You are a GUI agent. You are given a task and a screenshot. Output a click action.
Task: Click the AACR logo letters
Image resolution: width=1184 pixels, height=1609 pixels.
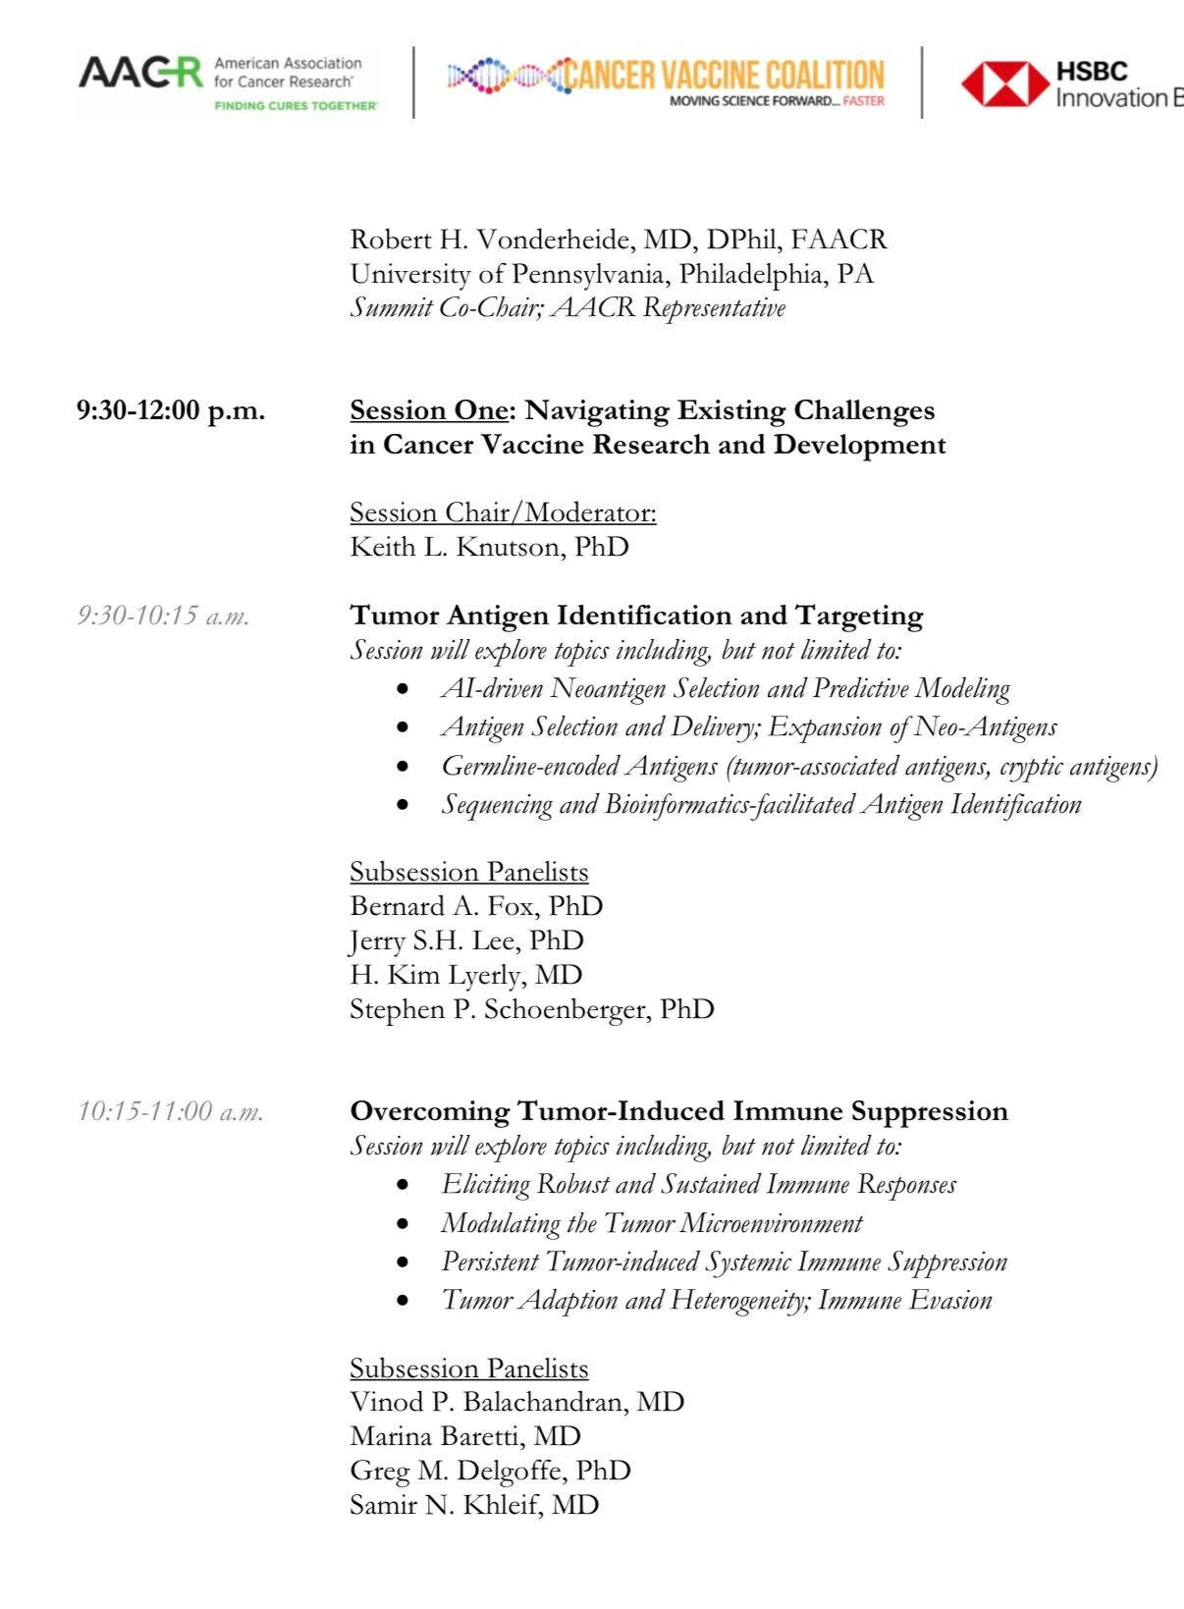pyautogui.click(x=140, y=74)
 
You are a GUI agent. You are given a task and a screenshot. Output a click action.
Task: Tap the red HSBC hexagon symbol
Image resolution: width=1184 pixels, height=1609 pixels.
pyautogui.click(x=1004, y=83)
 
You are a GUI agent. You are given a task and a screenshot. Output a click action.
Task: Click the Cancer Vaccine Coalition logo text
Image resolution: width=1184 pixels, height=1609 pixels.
pyautogui.click(x=724, y=76)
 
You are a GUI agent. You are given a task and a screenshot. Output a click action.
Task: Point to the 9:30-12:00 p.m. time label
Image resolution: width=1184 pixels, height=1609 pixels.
pyautogui.click(x=171, y=410)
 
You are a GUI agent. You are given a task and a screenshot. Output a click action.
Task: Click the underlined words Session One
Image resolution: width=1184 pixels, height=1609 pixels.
pyautogui.click(x=429, y=410)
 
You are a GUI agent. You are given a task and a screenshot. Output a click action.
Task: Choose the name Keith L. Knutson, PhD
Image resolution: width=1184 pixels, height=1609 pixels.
pyautogui.click(x=489, y=547)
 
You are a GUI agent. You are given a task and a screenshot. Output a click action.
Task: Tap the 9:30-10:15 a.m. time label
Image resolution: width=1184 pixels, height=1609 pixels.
pyautogui.click(x=163, y=616)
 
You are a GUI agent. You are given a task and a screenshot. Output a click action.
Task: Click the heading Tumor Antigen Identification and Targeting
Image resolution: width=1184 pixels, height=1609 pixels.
pyautogui.click(x=636, y=616)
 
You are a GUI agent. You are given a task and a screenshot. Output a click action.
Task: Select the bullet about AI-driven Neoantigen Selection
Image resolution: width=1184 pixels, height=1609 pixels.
pyautogui.click(x=726, y=689)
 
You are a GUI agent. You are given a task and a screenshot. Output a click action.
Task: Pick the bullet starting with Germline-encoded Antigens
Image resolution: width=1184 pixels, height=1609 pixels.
pyautogui.click(x=799, y=766)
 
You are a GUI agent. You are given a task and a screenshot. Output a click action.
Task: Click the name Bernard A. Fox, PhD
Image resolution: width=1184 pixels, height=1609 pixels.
pyautogui.click(x=476, y=906)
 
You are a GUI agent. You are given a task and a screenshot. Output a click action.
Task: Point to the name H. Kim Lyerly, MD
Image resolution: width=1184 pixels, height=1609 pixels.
pyautogui.click(x=466, y=975)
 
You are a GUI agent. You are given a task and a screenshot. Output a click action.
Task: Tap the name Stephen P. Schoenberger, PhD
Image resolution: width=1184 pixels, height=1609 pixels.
pyautogui.click(x=532, y=1009)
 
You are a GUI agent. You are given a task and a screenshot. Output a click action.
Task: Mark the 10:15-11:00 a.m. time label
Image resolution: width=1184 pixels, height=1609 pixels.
pyautogui.click(x=171, y=1111)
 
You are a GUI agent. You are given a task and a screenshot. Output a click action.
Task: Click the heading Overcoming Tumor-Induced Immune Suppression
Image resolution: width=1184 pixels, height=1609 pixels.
pyautogui.click(x=678, y=1111)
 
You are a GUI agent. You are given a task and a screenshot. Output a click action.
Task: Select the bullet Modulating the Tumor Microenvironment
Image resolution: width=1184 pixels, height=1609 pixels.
pyautogui.click(x=652, y=1223)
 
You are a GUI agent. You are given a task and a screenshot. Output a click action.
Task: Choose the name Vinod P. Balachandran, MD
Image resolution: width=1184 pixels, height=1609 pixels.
pyautogui.click(x=516, y=1402)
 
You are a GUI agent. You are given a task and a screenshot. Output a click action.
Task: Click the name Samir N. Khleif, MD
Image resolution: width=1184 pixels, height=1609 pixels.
pyautogui.click(x=474, y=1505)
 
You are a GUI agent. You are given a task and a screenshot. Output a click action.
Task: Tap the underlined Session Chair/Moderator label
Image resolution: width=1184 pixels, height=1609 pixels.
pyautogui.click(x=503, y=512)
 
